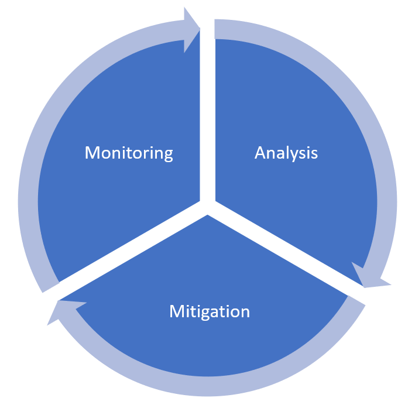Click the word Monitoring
tap(129, 153)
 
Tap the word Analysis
tap(286, 153)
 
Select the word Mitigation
tap(209, 311)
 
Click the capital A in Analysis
tap(260, 153)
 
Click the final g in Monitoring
tap(168, 155)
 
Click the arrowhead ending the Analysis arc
tap(369, 277)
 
